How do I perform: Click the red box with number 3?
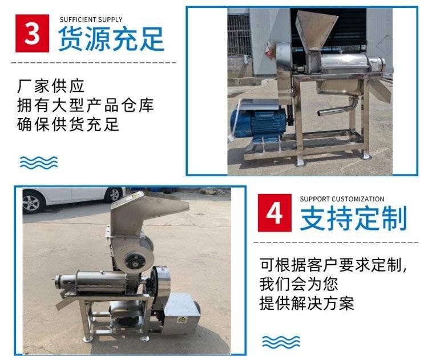pyautogui.click(x=32, y=33)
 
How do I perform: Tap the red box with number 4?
pyautogui.click(x=274, y=213)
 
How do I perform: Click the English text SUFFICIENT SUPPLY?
pyautogui.click(x=91, y=19)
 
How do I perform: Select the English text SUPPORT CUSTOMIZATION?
pyautogui.click(x=342, y=199)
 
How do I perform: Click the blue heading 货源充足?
pyautogui.click(x=111, y=39)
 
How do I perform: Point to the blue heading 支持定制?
pyautogui.click(x=354, y=219)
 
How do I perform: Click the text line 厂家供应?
pyautogui.click(x=51, y=86)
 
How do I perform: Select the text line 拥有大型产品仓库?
pyautogui.click(x=86, y=105)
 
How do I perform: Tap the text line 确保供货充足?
pyautogui.click(x=68, y=124)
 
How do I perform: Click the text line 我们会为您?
pyautogui.click(x=299, y=284)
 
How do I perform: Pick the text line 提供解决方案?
pyautogui.click(x=307, y=303)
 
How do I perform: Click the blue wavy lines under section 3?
pyautogui.click(x=39, y=163)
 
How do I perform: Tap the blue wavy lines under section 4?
pyautogui.click(x=281, y=342)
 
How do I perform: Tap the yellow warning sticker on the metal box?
pyautogui.click(x=181, y=318)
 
